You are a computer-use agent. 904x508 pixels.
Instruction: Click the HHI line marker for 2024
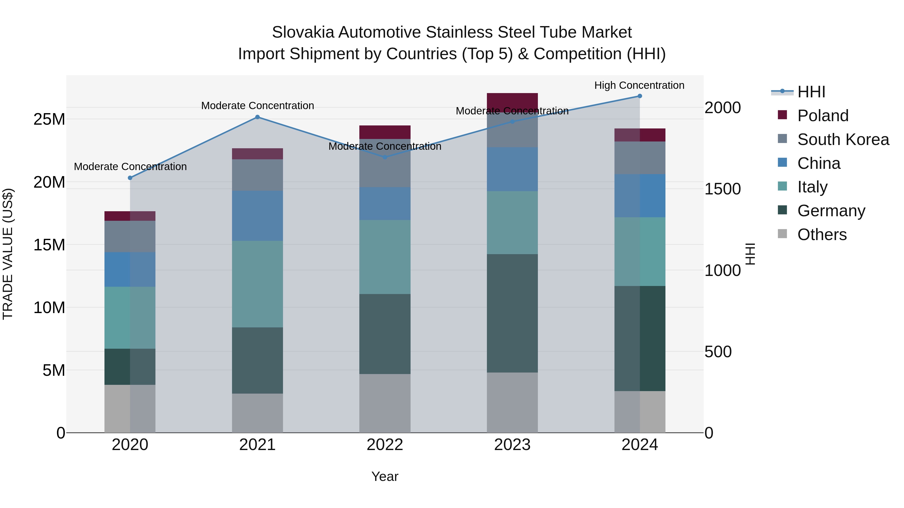pos(639,96)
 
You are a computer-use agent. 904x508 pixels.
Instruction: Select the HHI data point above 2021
pos(257,117)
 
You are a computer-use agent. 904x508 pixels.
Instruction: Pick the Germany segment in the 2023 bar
pos(512,313)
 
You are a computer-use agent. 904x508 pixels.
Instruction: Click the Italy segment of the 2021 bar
pos(257,284)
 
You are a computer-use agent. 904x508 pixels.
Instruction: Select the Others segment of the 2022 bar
pos(385,403)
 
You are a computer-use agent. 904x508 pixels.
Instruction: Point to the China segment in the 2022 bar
pos(385,204)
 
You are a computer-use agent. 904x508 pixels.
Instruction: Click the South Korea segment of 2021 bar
pos(257,175)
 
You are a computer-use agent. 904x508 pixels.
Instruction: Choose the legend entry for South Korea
pos(843,139)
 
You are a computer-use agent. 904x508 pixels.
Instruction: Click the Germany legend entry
pos(831,211)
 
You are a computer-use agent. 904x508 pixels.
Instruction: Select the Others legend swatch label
pos(822,235)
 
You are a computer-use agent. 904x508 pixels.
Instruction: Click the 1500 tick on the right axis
pos(722,189)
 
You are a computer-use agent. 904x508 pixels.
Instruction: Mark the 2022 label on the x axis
pos(385,445)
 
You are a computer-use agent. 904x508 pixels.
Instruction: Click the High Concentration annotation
pos(639,85)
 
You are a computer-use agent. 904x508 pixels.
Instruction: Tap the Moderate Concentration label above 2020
pos(130,167)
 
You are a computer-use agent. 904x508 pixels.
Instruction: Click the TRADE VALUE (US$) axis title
pos(8,254)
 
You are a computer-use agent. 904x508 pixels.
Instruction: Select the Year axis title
pos(385,476)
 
